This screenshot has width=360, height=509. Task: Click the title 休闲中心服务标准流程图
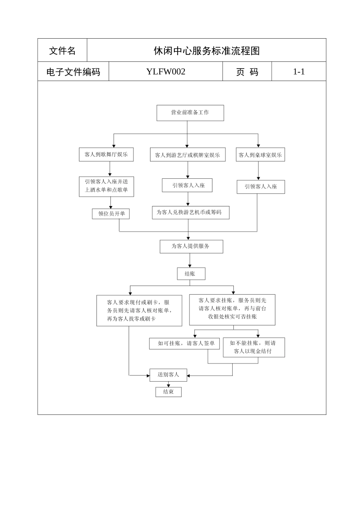point(207,51)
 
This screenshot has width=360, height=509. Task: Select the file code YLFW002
point(166,72)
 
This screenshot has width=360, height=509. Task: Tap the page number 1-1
point(299,72)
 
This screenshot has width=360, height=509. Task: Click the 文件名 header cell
point(62,51)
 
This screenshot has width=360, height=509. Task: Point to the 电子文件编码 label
point(73,72)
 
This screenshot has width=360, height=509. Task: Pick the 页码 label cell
point(247,72)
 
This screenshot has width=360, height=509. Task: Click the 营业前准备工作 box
point(190,113)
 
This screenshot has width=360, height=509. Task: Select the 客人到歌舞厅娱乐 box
point(106,155)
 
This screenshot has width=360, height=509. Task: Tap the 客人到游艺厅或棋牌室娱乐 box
point(188,155)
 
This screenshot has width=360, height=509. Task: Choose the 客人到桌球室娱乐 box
point(260,155)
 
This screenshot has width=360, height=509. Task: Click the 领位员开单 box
point(111,214)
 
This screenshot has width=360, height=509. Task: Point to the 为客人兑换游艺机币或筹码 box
point(191,212)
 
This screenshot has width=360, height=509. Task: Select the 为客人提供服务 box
point(191,246)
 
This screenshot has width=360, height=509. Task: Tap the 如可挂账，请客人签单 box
point(185,343)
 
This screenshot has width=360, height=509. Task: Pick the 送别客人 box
point(169,375)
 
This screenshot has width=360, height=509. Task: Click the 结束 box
point(168,392)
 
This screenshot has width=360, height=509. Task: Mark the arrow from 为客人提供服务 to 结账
point(190,261)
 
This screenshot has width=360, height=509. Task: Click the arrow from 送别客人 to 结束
point(169,384)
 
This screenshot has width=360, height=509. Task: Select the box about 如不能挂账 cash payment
point(254,347)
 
